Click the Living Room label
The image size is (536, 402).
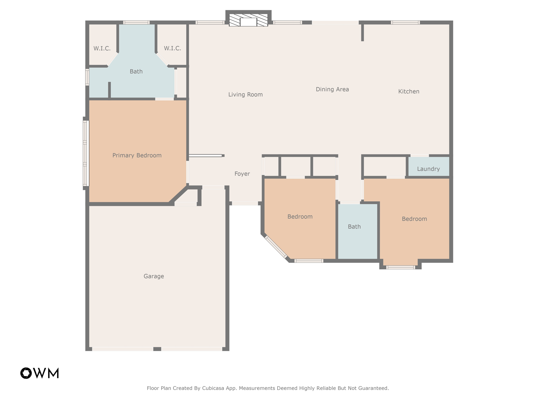[x=245, y=94]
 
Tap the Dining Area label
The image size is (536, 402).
[x=332, y=89]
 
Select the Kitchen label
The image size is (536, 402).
[x=409, y=91]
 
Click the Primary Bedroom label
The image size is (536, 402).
[x=137, y=155]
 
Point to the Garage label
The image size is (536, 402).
[x=154, y=276]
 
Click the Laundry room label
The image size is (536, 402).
[x=428, y=169]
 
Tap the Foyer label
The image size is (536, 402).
[x=242, y=174]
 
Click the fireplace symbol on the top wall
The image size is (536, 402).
[x=248, y=20]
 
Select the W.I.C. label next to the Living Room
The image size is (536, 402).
[x=172, y=48]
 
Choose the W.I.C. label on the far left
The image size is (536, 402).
[x=102, y=48]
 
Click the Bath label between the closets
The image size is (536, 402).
[x=136, y=71]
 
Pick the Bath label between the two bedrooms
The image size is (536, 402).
[x=354, y=227]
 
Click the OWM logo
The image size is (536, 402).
[x=40, y=373]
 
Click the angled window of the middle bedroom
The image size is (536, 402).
[x=276, y=247]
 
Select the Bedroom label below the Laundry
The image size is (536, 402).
[x=414, y=219]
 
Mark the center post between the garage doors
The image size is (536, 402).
[x=157, y=349]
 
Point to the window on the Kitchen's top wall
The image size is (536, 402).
[x=405, y=23]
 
